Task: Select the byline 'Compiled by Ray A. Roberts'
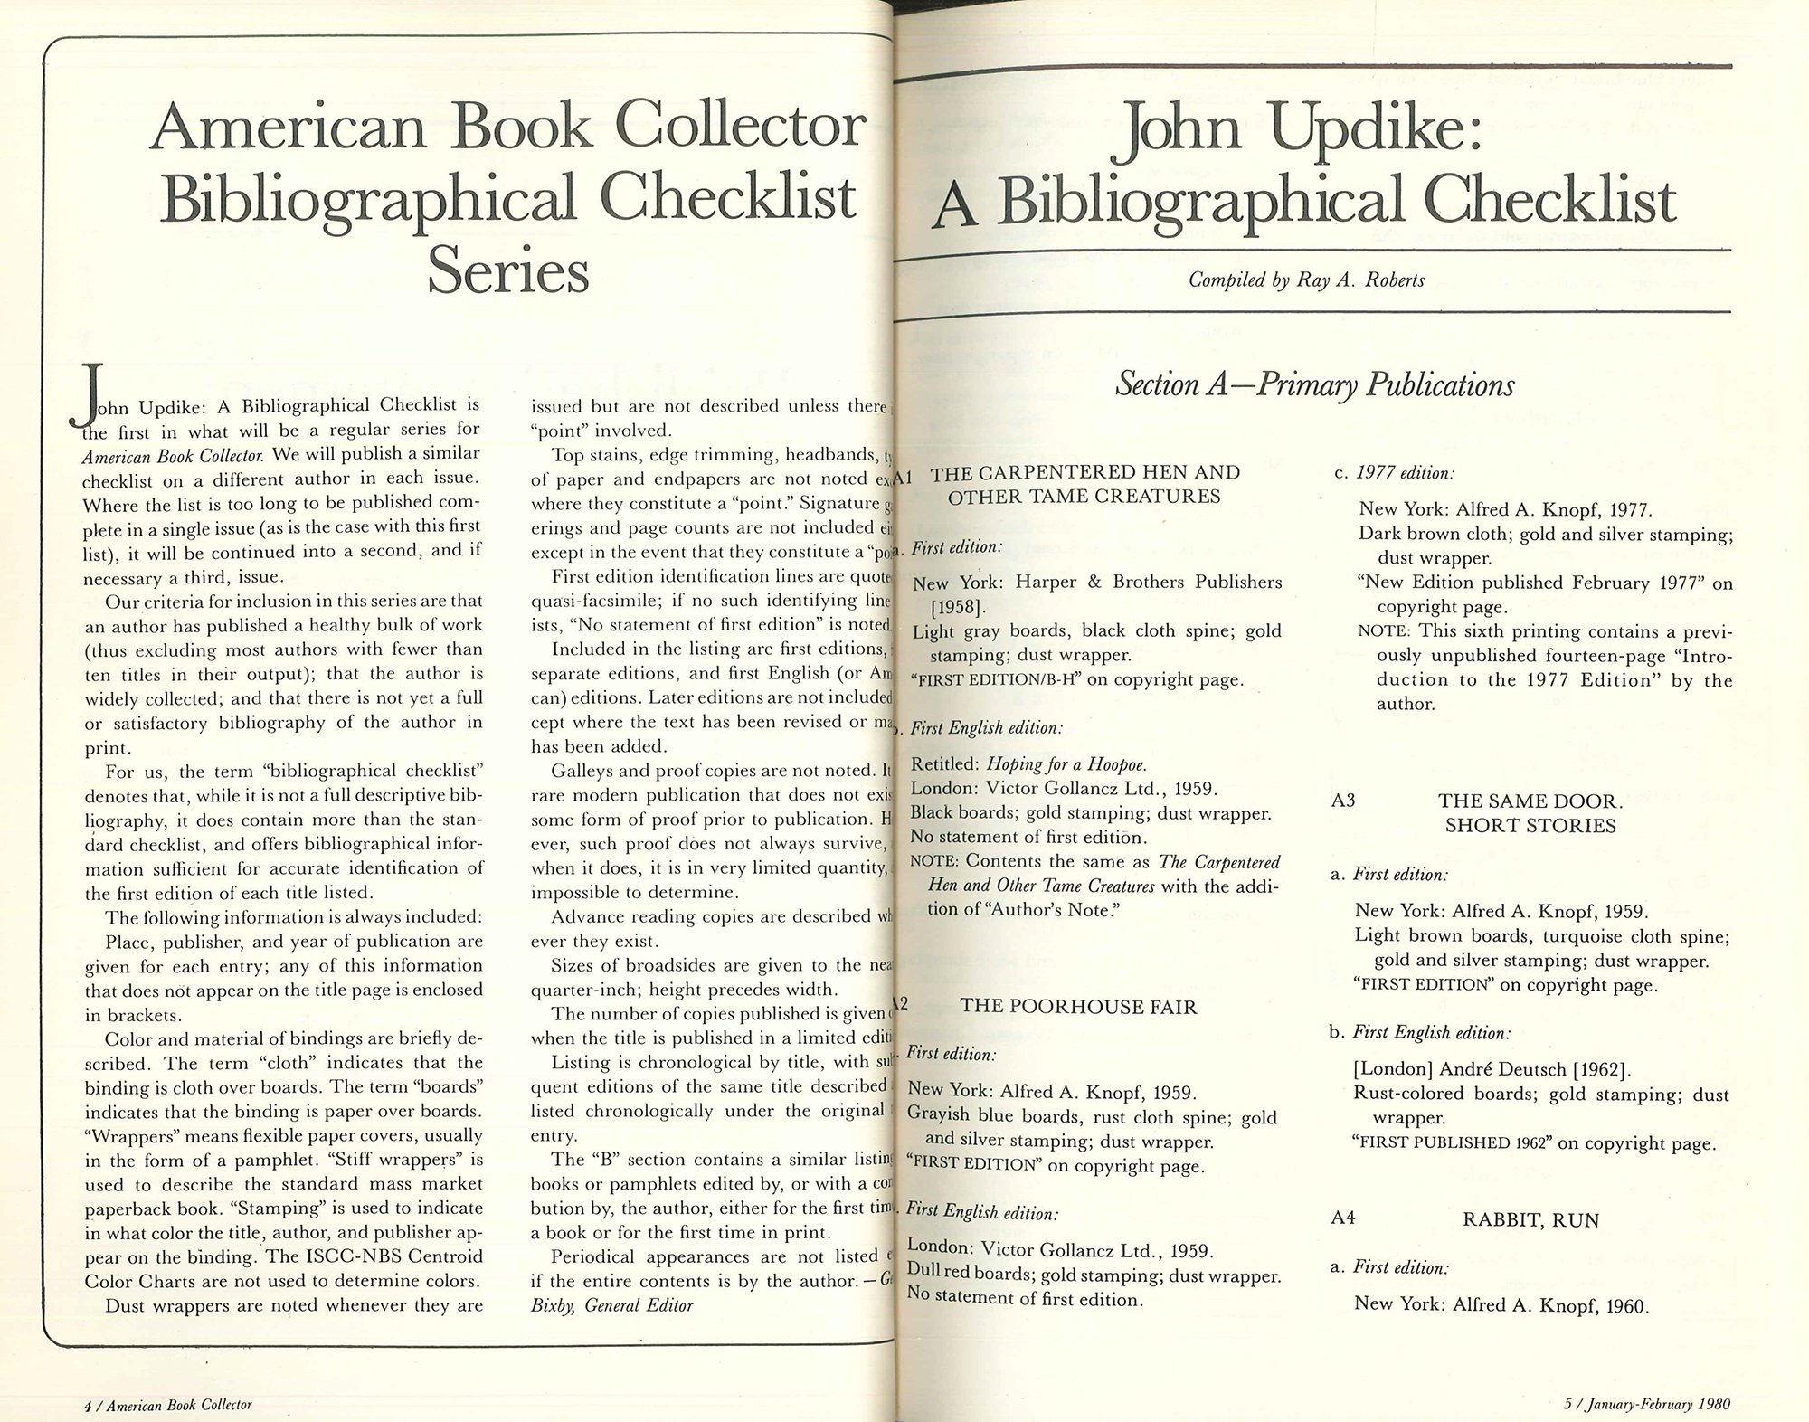[1306, 280]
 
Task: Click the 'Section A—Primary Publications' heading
[1314, 385]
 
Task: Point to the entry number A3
[1343, 801]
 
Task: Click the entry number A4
[1343, 1218]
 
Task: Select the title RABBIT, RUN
[1530, 1220]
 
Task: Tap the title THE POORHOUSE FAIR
[1078, 1006]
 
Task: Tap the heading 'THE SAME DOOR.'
[1530, 801]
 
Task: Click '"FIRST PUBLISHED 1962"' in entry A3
[1453, 1142]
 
